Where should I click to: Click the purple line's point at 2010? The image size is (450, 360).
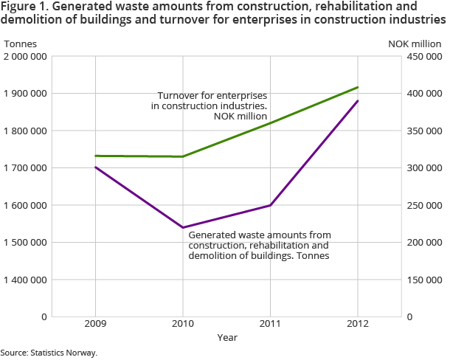[x=183, y=227]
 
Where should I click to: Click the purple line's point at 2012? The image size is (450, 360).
[x=358, y=100]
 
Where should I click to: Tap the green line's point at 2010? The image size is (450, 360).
[x=183, y=156]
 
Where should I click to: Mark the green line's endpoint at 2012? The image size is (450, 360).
[x=358, y=87]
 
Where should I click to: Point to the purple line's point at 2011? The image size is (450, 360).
[x=271, y=205]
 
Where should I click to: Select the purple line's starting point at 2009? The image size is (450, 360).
[x=96, y=167]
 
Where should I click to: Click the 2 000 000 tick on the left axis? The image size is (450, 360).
[x=26, y=57]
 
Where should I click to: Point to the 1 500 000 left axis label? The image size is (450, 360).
[x=26, y=243]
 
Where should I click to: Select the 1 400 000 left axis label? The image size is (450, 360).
[x=26, y=280]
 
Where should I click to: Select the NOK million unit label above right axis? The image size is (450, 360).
[x=417, y=43]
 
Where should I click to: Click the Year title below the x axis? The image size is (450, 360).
[x=227, y=338]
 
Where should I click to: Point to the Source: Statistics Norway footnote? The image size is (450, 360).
[x=49, y=353]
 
